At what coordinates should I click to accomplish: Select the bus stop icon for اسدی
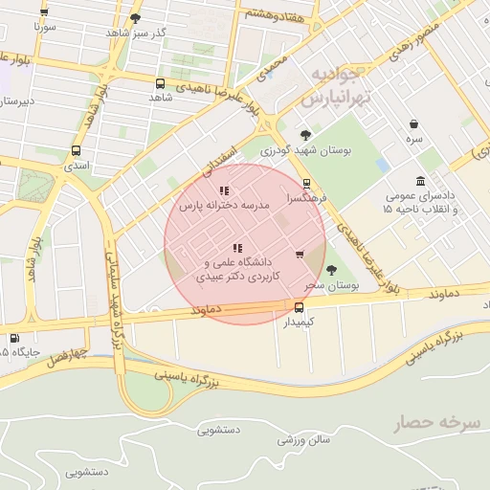77,150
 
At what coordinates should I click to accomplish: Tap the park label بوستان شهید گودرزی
308,151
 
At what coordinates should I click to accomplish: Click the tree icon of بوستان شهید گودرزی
305,135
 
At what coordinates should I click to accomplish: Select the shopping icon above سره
413,124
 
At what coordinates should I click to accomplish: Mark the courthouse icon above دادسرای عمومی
421,182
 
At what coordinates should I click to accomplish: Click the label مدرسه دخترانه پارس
224,205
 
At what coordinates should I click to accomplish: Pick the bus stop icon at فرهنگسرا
306,184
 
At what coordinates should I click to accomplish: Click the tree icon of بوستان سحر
331,271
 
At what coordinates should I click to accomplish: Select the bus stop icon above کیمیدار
300,307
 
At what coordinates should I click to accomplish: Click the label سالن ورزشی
304,439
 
